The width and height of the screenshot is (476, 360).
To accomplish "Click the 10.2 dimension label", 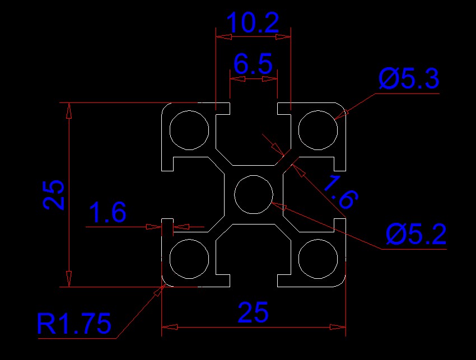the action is coord(252,24).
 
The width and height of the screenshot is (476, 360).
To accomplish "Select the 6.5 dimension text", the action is coord(253,64).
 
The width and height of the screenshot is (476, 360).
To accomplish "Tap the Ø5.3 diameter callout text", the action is coord(408,80).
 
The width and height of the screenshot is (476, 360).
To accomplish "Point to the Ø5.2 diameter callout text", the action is coord(416,235).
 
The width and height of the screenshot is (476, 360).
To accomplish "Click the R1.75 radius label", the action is coord(74,324).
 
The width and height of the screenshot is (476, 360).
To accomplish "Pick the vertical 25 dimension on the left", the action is coord(54,195).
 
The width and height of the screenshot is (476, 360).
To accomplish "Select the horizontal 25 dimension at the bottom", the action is coord(253,312).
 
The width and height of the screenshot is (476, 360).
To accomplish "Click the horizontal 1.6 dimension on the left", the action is coord(108,213).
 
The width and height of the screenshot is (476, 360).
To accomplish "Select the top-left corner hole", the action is coord(189,130).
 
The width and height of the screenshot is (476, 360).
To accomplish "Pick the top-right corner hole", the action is coord(318,130).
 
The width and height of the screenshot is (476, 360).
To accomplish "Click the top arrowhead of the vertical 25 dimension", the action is coord(69,110).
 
